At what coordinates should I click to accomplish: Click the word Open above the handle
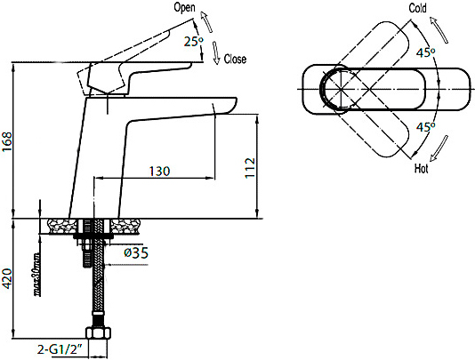click(184, 7)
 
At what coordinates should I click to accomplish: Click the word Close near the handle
click(235, 59)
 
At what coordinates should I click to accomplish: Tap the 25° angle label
click(194, 42)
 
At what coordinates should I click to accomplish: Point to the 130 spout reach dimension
click(160, 172)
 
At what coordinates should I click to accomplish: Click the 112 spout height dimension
click(250, 168)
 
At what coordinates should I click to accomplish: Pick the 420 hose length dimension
click(6, 278)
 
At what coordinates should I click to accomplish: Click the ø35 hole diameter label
click(136, 252)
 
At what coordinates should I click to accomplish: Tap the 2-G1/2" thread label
click(60, 349)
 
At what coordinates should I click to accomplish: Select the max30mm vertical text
click(37, 274)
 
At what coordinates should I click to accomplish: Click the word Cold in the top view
click(417, 8)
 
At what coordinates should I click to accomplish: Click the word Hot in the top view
click(422, 168)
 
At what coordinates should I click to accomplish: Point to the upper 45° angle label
click(425, 52)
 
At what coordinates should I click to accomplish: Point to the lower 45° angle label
click(425, 127)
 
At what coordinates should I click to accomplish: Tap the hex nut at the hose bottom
click(99, 332)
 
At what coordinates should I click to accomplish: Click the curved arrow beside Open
click(206, 21)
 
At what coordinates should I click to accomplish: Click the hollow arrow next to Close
click(215, 53)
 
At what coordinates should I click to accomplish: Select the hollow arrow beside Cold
click(439, 30)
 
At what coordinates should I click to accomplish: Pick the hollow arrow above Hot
click(439, 148)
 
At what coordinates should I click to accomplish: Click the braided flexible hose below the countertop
click(99, 273)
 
